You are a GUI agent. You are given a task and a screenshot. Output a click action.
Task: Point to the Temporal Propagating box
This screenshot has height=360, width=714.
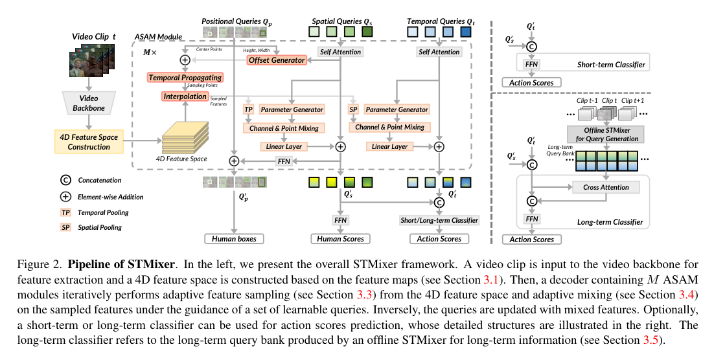[185, 78]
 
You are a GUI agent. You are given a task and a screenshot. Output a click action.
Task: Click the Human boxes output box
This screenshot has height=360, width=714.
[234, 239]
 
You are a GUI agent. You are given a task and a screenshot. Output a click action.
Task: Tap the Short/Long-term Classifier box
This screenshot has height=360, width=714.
[439, 220]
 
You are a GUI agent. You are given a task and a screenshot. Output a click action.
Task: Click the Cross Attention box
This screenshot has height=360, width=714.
[606, 187]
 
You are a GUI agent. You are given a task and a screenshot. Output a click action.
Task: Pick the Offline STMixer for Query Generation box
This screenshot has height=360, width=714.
[606, 134]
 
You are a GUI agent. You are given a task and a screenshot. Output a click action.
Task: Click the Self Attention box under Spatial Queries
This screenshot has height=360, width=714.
[340, 52]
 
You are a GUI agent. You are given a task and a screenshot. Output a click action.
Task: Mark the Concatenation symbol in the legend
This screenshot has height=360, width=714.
[66, 181]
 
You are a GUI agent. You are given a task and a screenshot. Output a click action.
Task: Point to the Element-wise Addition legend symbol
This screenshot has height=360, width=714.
[66, 196]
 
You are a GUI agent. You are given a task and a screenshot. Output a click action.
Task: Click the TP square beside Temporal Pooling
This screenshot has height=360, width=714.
[66, 212]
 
